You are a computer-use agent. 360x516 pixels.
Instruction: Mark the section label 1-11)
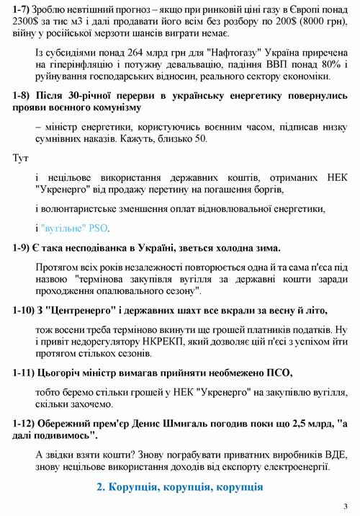27,373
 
